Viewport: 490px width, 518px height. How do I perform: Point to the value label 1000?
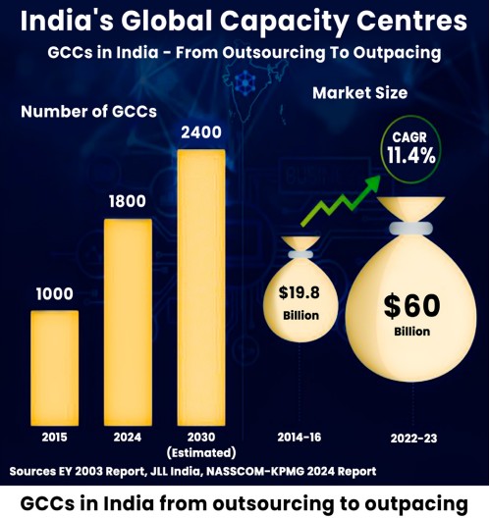[55, 293]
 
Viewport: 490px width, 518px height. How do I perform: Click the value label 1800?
[128, 202]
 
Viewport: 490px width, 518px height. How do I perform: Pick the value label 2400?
[199, 132]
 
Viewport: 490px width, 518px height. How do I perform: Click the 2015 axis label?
[55, 435]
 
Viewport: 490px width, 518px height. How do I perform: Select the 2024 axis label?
[128, 435]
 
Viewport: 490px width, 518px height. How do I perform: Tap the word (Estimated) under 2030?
[200, 452]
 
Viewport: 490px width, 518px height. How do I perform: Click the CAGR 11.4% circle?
[411, 148]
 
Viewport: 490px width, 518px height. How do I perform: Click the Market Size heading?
[360, 93]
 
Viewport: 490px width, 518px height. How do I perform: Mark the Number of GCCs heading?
[89, 112]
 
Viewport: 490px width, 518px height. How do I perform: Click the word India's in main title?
[71, 19]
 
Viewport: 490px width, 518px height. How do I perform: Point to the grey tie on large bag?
[411, 228]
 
